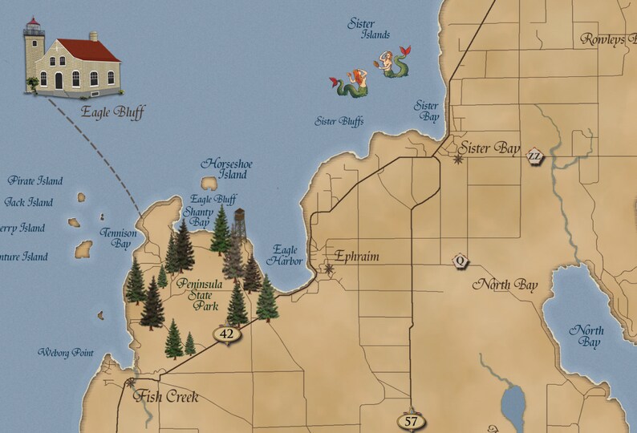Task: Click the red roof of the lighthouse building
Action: tap(88, 50)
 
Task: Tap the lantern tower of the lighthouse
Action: tap(34, 36)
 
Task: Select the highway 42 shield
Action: tap(227, 334)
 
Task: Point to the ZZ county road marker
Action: tap(535, 156)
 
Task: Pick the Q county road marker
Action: tap(460, 260)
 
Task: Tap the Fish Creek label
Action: tap(166, 396)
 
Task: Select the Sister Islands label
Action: tap(368, 29)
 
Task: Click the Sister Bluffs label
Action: tap(339, 122)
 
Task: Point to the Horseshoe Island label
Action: tap(226, 168)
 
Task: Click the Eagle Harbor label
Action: tap(286, 255)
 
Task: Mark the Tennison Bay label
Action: tap(119, 237)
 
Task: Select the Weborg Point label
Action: tap(66, 353)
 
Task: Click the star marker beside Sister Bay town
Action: tap(458, 160)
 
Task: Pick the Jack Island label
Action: tap(29, 203)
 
